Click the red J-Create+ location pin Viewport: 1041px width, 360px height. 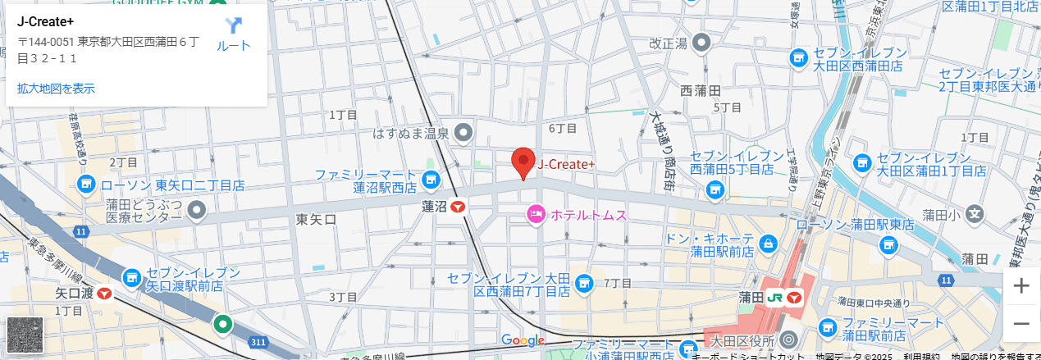[x=523, y=162]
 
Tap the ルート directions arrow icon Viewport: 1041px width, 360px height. [x=234, y=26]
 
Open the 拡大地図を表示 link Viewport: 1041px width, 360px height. [x=56, y=88]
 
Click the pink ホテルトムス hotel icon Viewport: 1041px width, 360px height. [x=536, y=215]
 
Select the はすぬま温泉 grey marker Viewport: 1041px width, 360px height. [x=464, y=132]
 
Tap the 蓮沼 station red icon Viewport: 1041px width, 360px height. [x=458, y=207]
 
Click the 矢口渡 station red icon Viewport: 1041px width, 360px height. [x=104, y=293]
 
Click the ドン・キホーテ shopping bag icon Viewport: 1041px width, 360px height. [x=768, y=244]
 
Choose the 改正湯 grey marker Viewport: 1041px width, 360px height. [x=701, y=43]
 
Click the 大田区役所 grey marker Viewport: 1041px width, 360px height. [x=788, y=339]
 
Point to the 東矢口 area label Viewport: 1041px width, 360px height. [x=316, y=220]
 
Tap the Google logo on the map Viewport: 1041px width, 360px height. [x=523, y=340]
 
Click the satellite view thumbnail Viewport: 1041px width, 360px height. [x=25, y=335]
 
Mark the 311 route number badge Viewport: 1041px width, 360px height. [x=259, y=341]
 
